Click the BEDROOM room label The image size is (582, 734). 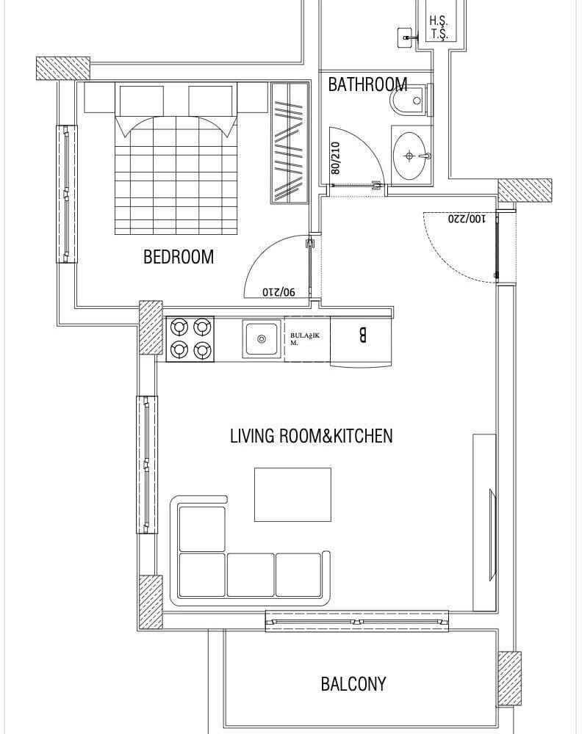click(x=178, y=257)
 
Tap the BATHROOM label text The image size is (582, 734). click(x=367, y=84)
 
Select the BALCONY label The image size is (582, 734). click(x=353, y=684)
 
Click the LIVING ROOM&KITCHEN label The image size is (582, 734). click(x=311, y=436)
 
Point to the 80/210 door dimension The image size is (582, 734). click(x=335, y=159)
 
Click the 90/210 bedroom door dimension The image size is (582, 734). click(x=279, y=291)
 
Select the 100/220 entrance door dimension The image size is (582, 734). click(x=467, y=219)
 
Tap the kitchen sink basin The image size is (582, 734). click(x=262, y=338)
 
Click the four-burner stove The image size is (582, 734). click(x=190, y=338)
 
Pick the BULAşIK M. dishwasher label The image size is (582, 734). click(x=304, y=339)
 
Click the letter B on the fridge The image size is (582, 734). click(x=362, y=335)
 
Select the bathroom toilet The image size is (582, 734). click(x=411, y=100)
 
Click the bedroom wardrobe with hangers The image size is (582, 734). click(x=290, y=142)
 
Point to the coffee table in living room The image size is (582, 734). click(x=293, y=494)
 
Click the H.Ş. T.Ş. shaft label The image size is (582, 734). click(x=439, y=27)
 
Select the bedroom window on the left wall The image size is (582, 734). click(x=67, y=194)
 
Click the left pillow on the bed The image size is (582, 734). click(x=142, y=101)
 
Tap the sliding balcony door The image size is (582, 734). click(x=357, y=622)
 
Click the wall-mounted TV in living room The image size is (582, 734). click(x=493, y=531)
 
